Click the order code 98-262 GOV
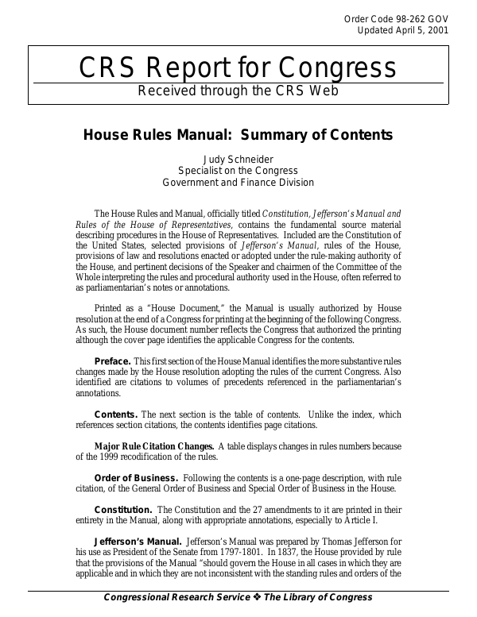tap(413, 18)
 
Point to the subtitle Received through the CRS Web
tap(238, 91)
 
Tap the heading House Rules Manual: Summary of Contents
tap(238, 135)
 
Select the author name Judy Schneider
tap(238, 159)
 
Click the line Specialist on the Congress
tap(238, 171)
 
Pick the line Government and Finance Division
tap(238, 183)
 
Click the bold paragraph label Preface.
tap(112, 362)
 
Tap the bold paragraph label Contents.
tap(116, 415)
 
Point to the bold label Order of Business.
tap(136, 478)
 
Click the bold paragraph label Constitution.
tap(123, 509)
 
